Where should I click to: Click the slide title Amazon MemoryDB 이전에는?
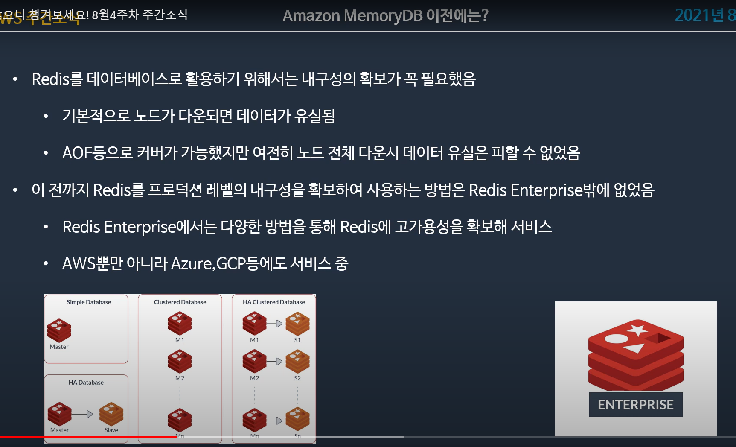[385, 16]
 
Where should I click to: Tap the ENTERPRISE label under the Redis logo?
[635, 404]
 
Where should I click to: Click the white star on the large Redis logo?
[638, 330]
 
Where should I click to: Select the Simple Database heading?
[89, 302]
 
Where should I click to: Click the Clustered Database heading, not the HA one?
[180, 302]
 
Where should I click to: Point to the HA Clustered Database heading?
[273, 302]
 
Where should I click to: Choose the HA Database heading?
[86, 383]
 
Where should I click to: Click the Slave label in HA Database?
[111, 430]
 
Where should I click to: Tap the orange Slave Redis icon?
[111, 414]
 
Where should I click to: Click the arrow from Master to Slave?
[82, 414]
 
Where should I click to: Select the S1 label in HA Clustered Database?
[297, 340]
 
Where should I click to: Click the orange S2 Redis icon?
[297, 361]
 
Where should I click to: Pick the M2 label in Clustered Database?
[180, 378]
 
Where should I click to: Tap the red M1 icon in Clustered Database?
[180, 323]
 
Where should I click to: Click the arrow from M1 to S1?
[275, 324]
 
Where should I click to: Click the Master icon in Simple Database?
[59, 330]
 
